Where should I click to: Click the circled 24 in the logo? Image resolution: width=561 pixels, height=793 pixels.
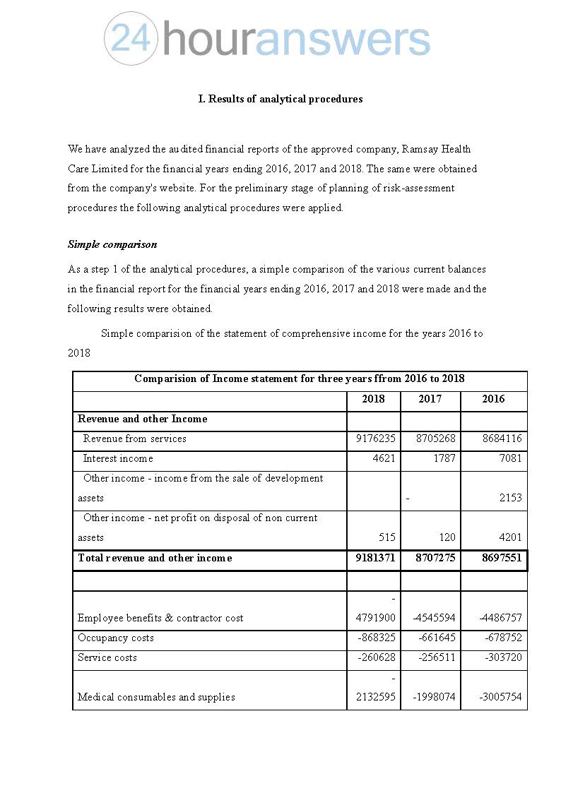pyautogui.click(x=131, y=39)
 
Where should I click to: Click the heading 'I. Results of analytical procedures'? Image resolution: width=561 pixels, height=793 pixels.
pyautogui.click(x=280, y=99)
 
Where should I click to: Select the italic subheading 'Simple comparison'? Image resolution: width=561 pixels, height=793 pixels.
pyautogui.click(x=112, y=244)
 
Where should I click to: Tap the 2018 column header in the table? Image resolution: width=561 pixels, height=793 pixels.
pyautogui.click(x=373, y=399)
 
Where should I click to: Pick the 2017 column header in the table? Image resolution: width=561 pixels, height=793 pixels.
pyautogui.click(x=430, y=399)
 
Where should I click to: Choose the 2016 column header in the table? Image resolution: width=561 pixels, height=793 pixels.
pyautogui.click(x=493, y=399)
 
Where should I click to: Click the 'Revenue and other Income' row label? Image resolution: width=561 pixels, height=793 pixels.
pyautogui.click(x=142, y=419)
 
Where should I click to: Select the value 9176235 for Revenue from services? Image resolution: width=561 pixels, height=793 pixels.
pyautogui.click(x=375, y=439)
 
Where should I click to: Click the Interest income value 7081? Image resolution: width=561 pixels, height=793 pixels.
pyautogui.click(x=510, y=458)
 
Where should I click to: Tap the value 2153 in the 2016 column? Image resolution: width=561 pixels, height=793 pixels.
pyautogui.click(x=510, y=498)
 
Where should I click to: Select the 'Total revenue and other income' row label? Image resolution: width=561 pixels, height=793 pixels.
pyautogui.click(x=155, y=558)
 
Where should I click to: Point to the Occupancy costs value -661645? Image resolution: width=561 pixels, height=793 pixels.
pyautogui.click(x=433, y=638)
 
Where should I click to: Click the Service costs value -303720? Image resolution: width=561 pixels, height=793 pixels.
pyautogui.click(x=503, y=657)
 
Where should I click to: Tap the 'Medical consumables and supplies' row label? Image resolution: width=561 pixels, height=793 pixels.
pyautogui.click(x=156, y=697)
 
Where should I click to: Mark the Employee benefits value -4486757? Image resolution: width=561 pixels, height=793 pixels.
pyautogui.click(x=500, y=618)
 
